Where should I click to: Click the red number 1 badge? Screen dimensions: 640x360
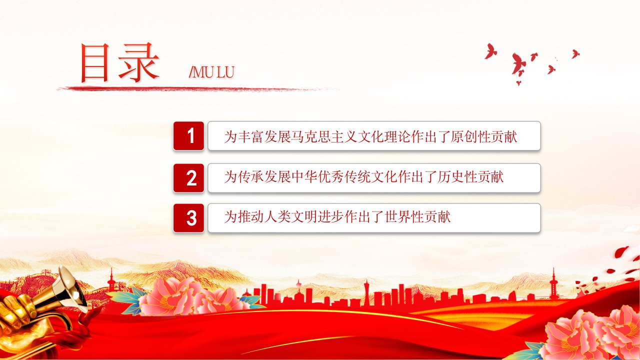pos(188,135)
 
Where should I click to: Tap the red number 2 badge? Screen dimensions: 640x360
pos(188,177)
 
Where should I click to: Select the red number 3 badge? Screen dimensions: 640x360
pos(188,218)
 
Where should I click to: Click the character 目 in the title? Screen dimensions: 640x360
pos(94,62)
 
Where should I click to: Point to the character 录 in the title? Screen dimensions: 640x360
pos(138,62)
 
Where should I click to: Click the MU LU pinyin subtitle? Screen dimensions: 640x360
pos(211,72)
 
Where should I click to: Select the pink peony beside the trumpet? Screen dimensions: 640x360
pos(188,297)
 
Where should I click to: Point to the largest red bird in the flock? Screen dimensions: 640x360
pos(517,64)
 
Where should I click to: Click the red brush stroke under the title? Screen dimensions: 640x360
pos(197,89)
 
